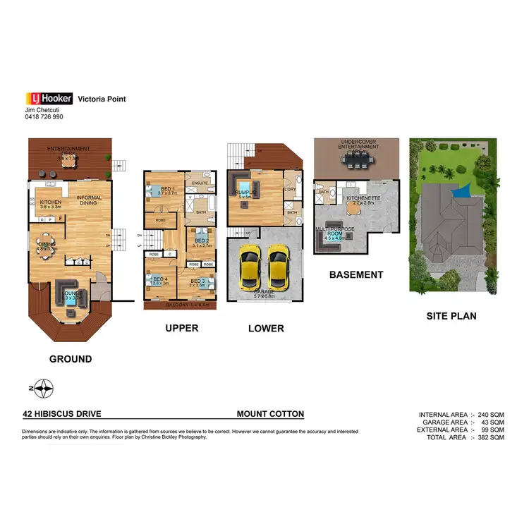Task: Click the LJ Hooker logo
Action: [47, 99]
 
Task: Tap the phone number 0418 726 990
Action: [44, 117]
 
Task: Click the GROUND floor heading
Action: [70, 359]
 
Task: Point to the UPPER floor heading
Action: [181, 328]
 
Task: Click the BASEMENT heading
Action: [356, 275]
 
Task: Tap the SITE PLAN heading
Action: [451, 316]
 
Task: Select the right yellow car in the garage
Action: [279, 269]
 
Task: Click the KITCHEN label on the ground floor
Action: [51, 202]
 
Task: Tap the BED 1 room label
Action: [167, 189]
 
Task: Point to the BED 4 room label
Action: [160, 279]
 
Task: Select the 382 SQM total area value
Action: [490, 438]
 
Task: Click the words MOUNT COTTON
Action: [270, 415]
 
